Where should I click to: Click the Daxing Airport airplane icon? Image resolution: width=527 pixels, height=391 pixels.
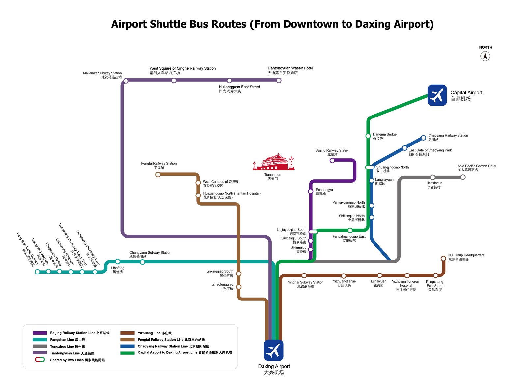(x=273, y=350)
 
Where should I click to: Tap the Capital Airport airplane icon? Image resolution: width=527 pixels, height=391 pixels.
(x=437, y=95)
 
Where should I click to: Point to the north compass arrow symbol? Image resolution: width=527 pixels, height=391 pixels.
(x=485, y=56)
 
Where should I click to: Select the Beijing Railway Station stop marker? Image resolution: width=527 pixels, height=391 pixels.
(x=332, y=161)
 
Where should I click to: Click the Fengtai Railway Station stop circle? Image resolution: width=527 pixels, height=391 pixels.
(x=158, y=175)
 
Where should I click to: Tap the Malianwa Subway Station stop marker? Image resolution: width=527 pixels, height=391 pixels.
(x=126, y=81)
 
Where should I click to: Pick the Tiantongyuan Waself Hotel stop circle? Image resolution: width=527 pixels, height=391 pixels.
(x=279, y=81)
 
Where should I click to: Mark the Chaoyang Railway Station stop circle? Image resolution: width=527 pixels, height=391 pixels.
(x=423, y=138)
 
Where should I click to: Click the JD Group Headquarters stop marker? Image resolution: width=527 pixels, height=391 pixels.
(x=443, y=258)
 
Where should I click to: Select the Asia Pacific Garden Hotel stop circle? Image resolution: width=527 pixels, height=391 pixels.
(x=463, y=177)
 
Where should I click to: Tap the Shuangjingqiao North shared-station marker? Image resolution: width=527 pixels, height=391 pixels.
(x=370, y=167)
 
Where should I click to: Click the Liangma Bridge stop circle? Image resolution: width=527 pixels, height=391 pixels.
(x=368, y=136)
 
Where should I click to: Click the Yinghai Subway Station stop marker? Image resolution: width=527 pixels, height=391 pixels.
(x=304, y=275)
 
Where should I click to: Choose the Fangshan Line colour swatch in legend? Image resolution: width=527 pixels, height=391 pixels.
(x=40, y=340)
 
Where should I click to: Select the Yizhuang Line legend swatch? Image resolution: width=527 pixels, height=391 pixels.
(x=127, y=333)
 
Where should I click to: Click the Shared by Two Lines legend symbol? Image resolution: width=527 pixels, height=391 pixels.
(x=40, y=360)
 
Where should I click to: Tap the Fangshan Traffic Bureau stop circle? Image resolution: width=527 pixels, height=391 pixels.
(x=37, y=272)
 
